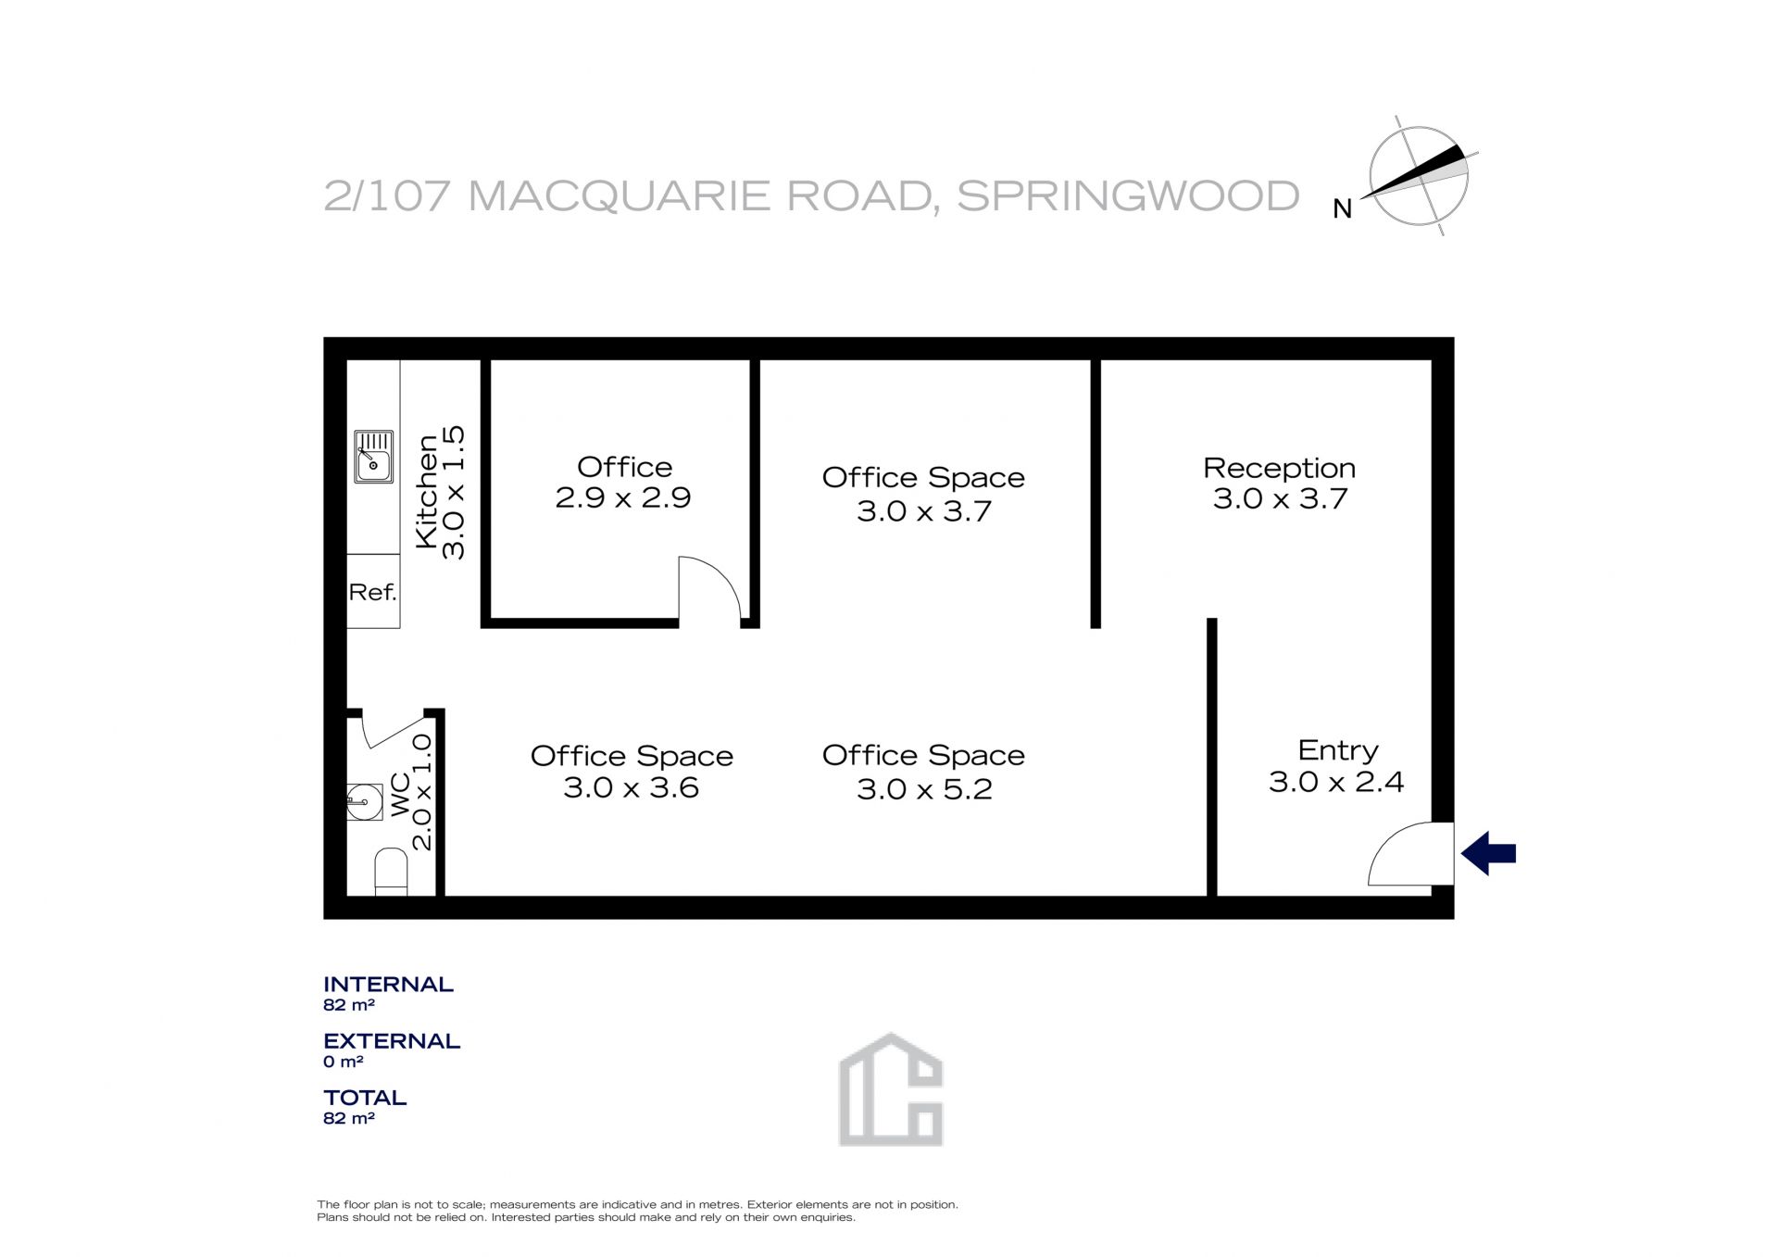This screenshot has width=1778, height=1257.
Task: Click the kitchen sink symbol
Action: point(373,457)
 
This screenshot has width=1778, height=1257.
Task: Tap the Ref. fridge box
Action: point(373,591)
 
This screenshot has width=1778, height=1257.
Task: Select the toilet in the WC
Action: point(391,873)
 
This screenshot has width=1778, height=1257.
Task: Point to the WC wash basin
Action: point(364,802)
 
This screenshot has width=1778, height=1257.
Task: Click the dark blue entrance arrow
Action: point(1488,853)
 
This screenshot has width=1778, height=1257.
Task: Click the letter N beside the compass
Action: point(1342,210)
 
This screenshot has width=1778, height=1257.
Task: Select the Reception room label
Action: point(1279,468)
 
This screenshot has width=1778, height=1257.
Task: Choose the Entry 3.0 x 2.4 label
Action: point(1336,766)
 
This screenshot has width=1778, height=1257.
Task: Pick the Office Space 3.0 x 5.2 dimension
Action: point(924,789)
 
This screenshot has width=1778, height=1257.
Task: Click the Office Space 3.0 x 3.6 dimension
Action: point(631,788)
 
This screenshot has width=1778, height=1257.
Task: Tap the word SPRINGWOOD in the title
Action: point(1128,196)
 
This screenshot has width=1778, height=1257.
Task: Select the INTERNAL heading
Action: point(388,985)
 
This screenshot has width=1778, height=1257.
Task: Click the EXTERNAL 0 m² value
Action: point(343,1062)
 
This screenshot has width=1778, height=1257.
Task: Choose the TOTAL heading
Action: point(365,1098)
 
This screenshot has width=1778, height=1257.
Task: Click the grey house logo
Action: point(890,1089)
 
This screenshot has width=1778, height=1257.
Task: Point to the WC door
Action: point(394,732)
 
